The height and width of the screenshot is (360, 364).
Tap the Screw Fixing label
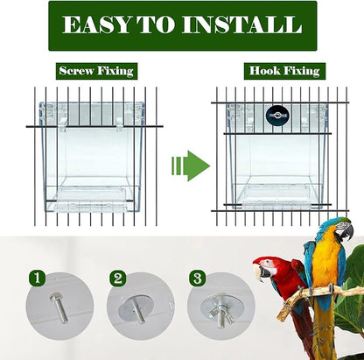pyautogui.click(x=96, y=71)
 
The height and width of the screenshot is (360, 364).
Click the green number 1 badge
pyautogui.click(x=36, y=279)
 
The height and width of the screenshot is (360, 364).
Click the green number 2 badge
pyautogui.click(x=118, y=279)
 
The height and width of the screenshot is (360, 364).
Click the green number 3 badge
pyautogui.click(x=199, y=279)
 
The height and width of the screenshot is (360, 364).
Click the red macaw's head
pyautogui.click(x=266, y=267)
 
